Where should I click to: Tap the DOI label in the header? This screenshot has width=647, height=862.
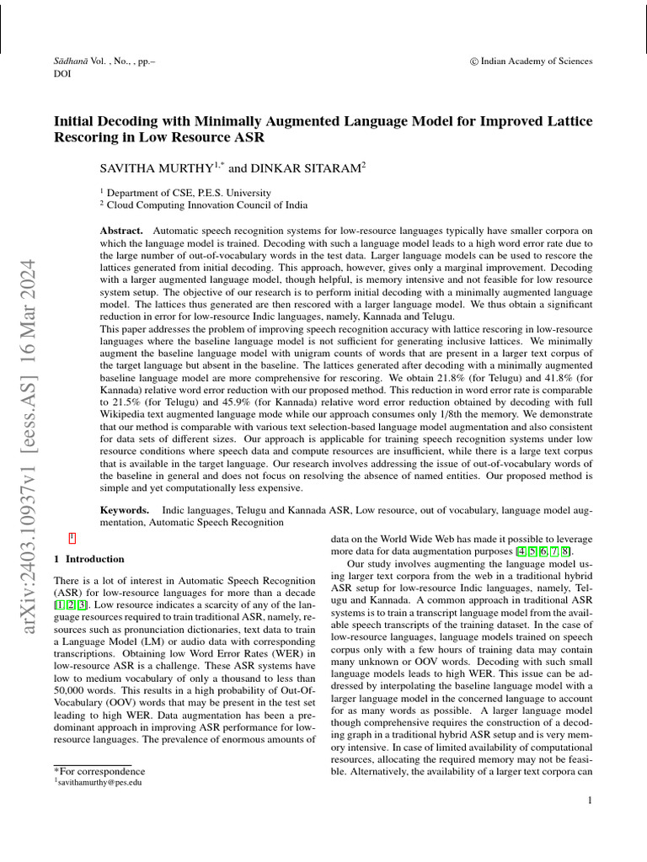(x=62, y=74)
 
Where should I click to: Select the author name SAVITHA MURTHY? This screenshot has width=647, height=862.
(x=157, y=169)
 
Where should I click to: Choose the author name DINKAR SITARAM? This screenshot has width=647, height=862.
(x=307, y=169)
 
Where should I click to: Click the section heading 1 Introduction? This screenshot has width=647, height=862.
(x=88, y=559)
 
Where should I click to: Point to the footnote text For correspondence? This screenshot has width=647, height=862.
(x=101, y=771)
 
